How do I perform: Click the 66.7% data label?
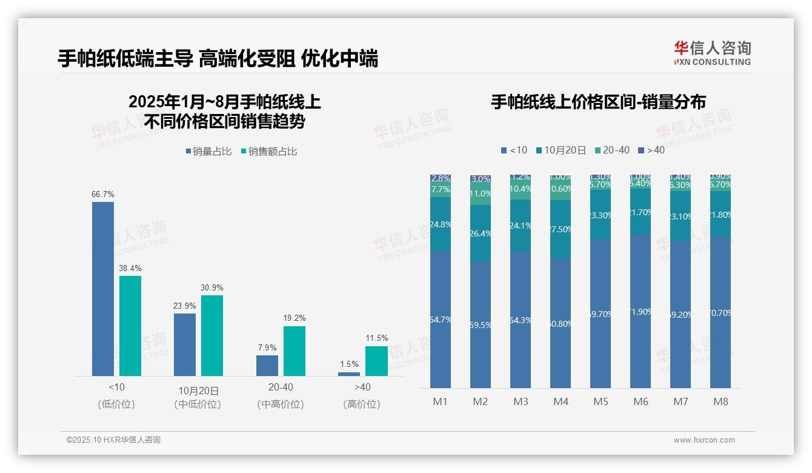pyautogui.click(x=103, y=194)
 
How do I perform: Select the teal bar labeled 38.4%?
pyautogui.click(x=130, y=326)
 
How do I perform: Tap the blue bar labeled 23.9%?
pyautogui.click(x=185, y=344)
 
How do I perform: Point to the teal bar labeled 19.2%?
pyautogui.click(x=295, y=351)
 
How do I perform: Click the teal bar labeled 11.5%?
pyautogui.click(x=376, y=361)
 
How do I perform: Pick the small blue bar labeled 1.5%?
pyautogui.click(x=349, y=374)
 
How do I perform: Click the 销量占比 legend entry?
pyautogui.click(x=208, y=152)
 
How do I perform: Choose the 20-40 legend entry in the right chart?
pyautogui.click(x=612, y=150)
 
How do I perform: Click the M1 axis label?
pyautogui.click(x=440, y=401)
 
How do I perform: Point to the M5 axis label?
pyautogui.click(x=601, y=401)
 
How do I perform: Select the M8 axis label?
pyautogui.click(x=720, y=401)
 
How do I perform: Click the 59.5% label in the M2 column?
pyautogui.click(x=481, y=325)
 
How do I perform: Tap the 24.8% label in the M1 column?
pyautogui.click(x=441, y=224)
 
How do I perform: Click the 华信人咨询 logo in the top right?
pyautogui.click(x=712, y=53)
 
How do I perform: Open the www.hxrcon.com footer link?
pyautogui.click(x=704, y=440)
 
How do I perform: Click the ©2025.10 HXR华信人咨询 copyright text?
pyautogui.click(x=113, y=440)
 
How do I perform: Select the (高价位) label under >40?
pyautogui.click(x=362, y=404)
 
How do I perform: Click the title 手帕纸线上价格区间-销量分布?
pyautogui.click(x=598, y=102)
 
